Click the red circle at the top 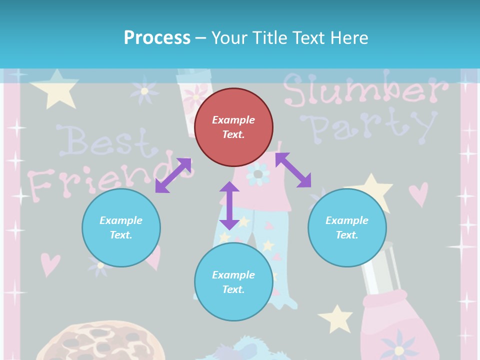coord(233,127)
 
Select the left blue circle coord(121,227)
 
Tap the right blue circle coord(347,227)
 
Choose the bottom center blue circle coord(233,282)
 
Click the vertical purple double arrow coord(229,205)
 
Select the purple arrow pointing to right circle coord(293,170)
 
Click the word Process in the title coord(157,37)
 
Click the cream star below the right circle coord(336,318)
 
